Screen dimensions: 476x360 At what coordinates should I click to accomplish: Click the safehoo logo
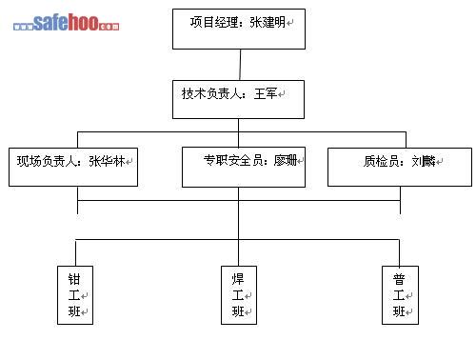pos(66,22)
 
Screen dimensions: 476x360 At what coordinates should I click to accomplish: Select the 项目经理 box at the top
pos(239,29)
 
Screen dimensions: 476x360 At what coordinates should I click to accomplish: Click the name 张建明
pos(268,22)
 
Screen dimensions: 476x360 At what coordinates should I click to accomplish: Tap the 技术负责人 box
pos(238,99)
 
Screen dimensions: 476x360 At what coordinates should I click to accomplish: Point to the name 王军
pos(266,93)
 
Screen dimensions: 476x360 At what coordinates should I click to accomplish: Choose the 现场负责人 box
pos(73,167)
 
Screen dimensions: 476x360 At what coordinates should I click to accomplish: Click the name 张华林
pos(107,161)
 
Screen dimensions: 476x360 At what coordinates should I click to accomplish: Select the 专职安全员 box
pos(244,167)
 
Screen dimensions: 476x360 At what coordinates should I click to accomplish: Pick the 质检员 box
pos(400,167)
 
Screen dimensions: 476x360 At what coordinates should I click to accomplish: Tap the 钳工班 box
pos(75,295)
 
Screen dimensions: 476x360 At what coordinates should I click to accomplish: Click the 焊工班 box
pos(239,295)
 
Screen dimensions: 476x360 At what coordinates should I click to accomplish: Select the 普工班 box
pos(400,295)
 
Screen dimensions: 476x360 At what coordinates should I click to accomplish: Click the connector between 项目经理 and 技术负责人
pos(240,65)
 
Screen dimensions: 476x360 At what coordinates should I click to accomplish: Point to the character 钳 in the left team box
pos(74,279)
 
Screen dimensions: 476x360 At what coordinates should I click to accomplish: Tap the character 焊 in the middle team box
pos(238,279)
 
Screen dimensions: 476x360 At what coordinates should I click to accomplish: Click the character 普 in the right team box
pos(399,279)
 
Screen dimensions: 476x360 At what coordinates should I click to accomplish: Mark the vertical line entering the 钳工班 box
pos(75,252)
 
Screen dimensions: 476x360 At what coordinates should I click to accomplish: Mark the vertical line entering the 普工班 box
pos(399,252)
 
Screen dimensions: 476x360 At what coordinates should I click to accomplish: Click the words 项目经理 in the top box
pos(214,22)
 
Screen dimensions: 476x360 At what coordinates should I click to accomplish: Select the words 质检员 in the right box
pos(382,161)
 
